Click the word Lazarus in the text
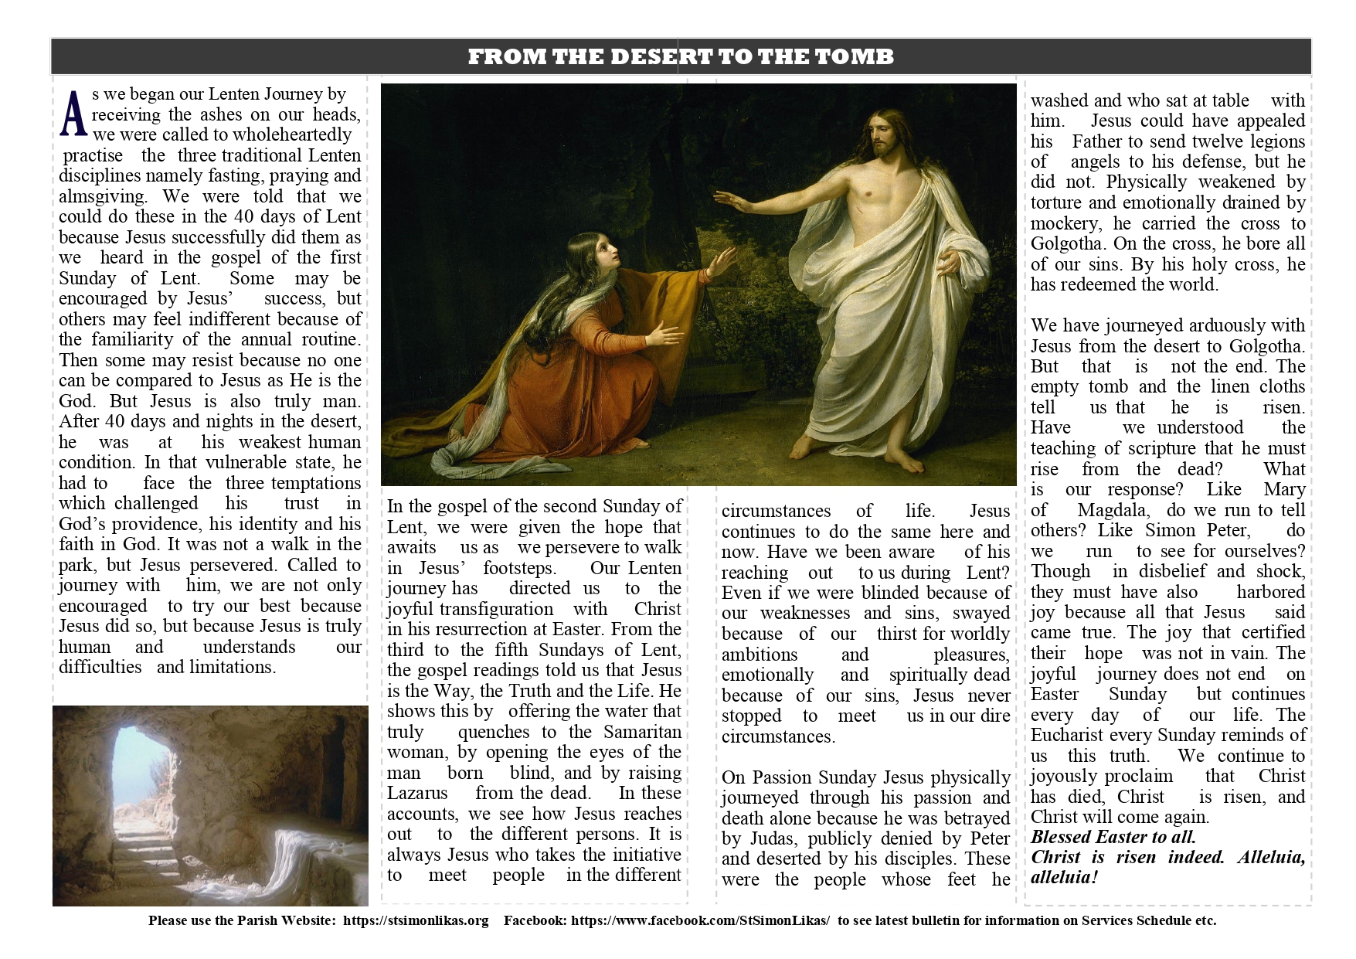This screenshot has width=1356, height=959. [417, 793]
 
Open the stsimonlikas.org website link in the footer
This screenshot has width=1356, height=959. [416, 920]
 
